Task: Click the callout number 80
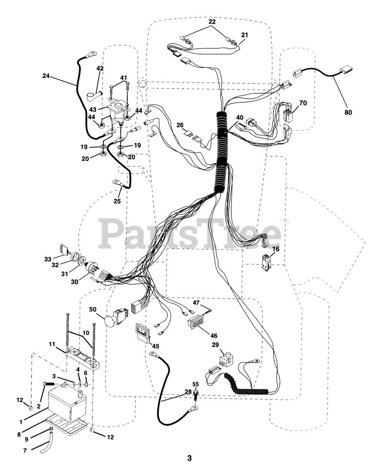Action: (348, 112)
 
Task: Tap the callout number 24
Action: (46, 76)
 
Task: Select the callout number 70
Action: (303, 103)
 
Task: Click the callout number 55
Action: (196, 384)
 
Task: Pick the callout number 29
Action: (215, 345)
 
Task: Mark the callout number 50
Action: (94, 309)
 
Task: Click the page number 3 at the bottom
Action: (189, 458)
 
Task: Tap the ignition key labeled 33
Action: (62, 249)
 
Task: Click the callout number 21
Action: (244, 35)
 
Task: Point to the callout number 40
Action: (239, 117)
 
